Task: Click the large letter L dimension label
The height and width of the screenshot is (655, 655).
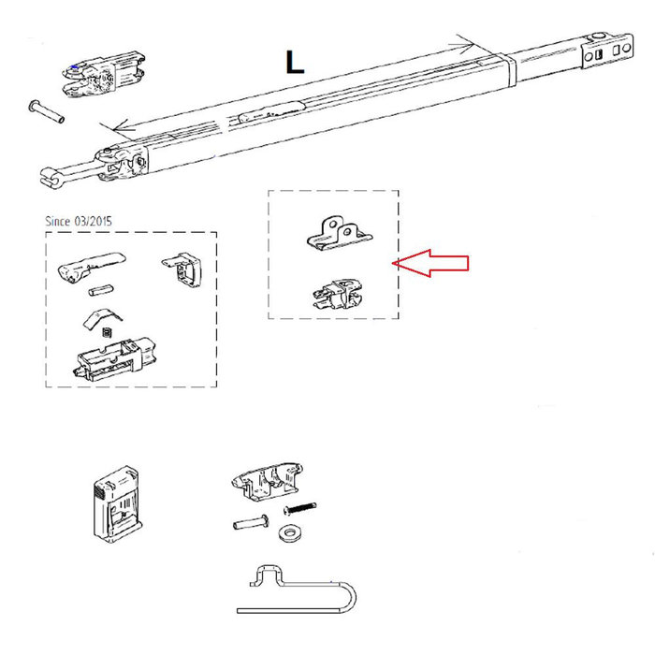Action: tap(295, 62)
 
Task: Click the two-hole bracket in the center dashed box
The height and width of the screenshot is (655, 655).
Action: tap(338, 232)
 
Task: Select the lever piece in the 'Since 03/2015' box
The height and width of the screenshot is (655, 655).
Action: tap(88, 266)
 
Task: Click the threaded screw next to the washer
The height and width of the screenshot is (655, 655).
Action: tap(296, 509)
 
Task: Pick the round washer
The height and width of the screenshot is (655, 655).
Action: tap(287, 532)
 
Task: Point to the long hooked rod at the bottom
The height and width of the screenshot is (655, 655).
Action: tap(299, 589)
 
